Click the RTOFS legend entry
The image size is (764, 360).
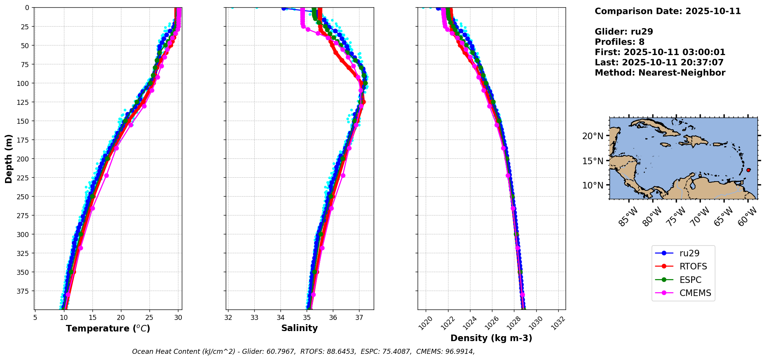tap(693, 266)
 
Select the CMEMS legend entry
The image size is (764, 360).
tap(695, 293)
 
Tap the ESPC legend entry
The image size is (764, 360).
tap(690, 280)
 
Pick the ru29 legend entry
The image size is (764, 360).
tap(689, 253)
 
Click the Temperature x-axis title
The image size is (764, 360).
tap(108, 328)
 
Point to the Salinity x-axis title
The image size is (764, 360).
tap(299, 328)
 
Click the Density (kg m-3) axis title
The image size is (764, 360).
tap(491, 338)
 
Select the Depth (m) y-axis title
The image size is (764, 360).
tap(9, 158)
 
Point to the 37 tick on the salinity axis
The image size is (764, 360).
tap(359, 318)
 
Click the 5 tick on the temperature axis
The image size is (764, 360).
tap(35, 318)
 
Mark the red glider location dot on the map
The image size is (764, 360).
tap(748, 170)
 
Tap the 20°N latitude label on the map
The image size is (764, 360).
tap(593, 136)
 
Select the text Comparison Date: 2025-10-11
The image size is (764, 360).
tap(668, 11)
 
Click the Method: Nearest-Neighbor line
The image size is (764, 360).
tap(660, 73)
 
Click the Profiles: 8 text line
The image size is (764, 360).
tap(620, 42)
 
